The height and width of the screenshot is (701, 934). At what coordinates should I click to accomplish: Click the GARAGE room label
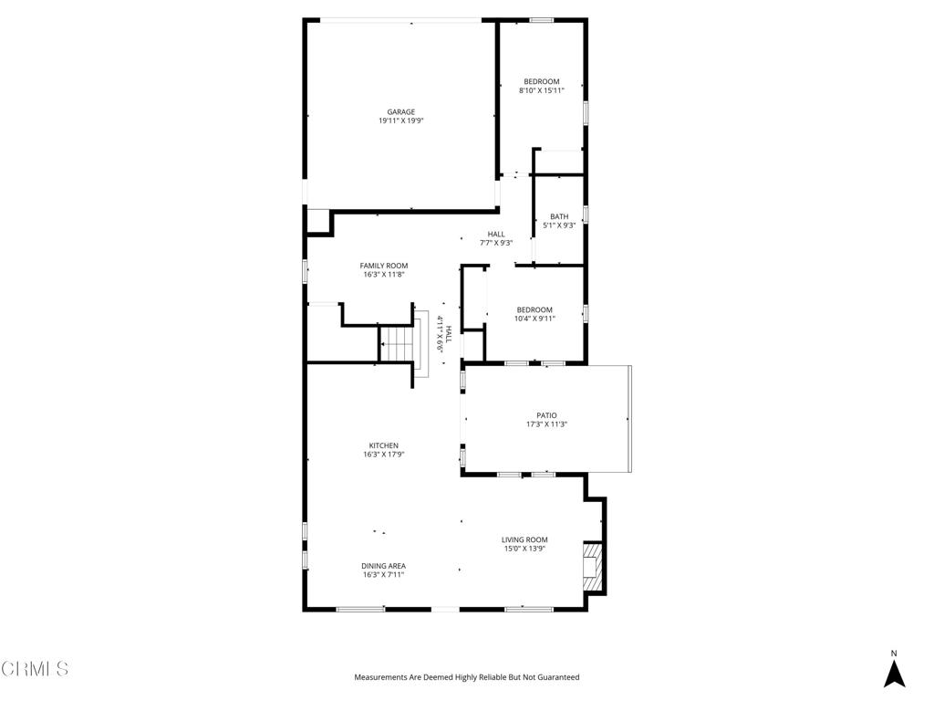click(x=401, y=112)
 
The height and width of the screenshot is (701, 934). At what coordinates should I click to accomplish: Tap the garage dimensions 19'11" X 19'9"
click(x=401, y=120)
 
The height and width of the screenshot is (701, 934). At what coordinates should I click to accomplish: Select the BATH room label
click(x=559, y=216)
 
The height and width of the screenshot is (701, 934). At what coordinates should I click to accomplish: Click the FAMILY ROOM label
click(x=384, y=266)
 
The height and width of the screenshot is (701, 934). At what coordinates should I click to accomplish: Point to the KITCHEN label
click(x=384, y=445)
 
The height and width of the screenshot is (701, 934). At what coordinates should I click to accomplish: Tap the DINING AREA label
click(x=384, y=566)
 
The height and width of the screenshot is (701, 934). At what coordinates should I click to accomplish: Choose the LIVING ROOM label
click(x=524, y=539)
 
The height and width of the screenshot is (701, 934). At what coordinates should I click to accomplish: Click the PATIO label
click(x=546, y=415)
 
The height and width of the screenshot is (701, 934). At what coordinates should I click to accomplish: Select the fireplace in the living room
click(x=593, y=566)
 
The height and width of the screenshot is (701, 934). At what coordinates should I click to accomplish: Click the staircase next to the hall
click(x=398, y=344)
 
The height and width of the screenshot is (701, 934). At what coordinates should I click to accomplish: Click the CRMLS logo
click(x=35, y=669)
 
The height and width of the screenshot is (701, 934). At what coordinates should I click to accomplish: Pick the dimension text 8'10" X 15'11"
click(x=542, y=90)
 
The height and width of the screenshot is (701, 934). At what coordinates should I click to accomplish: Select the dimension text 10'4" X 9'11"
click(x=534, y=319)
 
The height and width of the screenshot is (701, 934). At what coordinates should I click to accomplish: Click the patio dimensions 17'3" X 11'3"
click(x=546, y=424)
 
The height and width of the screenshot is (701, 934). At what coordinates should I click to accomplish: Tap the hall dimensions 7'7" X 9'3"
click(x=496, y=243)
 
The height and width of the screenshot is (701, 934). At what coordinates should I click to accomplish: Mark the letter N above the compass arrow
click(x=894, y=653)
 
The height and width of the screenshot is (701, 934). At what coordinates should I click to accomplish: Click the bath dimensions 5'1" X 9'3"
click(x=559, y=225)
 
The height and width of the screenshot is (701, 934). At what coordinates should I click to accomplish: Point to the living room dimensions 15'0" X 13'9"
click(x=524, y=549)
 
